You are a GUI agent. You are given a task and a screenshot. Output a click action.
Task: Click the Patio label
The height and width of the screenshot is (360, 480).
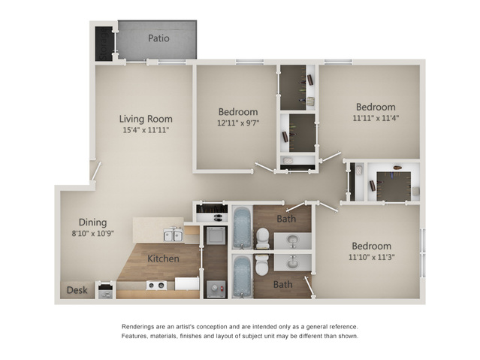point(158,38)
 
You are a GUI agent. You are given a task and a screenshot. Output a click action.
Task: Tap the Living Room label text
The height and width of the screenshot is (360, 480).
point(146,119)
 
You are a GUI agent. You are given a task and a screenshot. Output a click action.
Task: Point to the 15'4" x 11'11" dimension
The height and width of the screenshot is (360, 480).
point(146,130)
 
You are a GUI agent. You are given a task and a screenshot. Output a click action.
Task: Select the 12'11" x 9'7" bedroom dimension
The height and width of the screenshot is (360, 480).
point(238,123)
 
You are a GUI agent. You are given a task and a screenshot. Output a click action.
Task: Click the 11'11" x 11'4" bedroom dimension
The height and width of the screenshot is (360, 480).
point(376,118)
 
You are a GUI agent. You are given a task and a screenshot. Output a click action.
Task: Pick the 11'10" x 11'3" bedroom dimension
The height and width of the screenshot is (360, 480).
point(371,257)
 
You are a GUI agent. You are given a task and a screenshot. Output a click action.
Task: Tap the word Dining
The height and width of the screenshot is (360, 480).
point(92,222)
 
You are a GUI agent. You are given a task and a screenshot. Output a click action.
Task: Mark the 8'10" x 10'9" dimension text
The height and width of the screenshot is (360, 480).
point(92,234)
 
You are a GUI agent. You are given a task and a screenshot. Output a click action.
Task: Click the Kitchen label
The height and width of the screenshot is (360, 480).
point(163,259)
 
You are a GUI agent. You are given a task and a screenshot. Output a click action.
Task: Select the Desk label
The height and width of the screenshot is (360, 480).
point(77,290)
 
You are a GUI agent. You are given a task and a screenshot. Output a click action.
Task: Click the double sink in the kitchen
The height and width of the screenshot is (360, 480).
point(174,235)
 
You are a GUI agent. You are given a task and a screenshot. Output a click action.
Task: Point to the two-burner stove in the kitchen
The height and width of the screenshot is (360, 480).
point(156,286)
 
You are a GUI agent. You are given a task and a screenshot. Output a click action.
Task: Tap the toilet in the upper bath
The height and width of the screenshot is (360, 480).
point(263,238)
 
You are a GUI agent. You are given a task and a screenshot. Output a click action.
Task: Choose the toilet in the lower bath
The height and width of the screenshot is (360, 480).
point(262,265)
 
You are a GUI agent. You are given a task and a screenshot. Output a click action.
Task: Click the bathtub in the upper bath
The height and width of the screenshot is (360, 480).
point(242,228)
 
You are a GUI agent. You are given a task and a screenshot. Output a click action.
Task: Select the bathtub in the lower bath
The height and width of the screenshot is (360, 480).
point(242,277)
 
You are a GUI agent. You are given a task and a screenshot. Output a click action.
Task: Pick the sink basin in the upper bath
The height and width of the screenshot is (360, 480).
point(292,241)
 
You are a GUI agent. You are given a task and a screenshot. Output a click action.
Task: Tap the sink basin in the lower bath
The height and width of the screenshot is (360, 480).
point(292,263)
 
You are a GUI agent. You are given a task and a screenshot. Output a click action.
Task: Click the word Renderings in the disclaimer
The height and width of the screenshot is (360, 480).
point(136,327)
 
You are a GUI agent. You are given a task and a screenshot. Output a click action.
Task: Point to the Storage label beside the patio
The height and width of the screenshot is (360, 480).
point(104,44)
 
